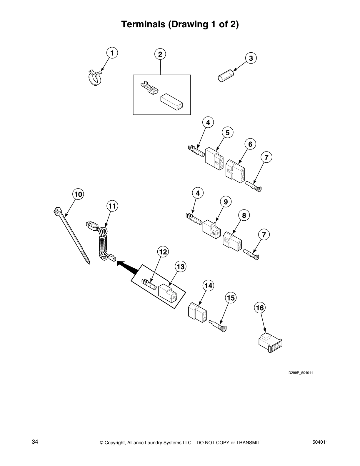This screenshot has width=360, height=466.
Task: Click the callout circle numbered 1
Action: pos(112,53)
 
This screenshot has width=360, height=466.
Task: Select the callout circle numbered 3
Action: pos(251,58)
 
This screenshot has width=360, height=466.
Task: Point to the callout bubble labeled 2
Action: pos(160,54)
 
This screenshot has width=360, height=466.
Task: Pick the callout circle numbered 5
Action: pos(227,133)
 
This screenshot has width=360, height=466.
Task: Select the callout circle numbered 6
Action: pos(250,144)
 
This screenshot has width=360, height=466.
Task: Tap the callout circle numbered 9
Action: pos(226,202)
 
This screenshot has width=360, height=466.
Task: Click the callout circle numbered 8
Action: pos(244,215)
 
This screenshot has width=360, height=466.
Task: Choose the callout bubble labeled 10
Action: pos(78,194)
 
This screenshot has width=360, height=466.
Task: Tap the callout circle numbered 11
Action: pos(112,206)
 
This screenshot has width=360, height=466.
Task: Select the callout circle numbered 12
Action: pos(163,252)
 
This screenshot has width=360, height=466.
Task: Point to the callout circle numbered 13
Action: pos(181,267)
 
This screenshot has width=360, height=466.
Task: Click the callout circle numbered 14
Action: pos(209,286)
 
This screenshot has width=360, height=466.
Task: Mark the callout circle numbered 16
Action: pos(260,308)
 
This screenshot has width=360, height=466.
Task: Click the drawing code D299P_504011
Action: pos(301,373)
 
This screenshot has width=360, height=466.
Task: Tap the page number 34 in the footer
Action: pos(35,442)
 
